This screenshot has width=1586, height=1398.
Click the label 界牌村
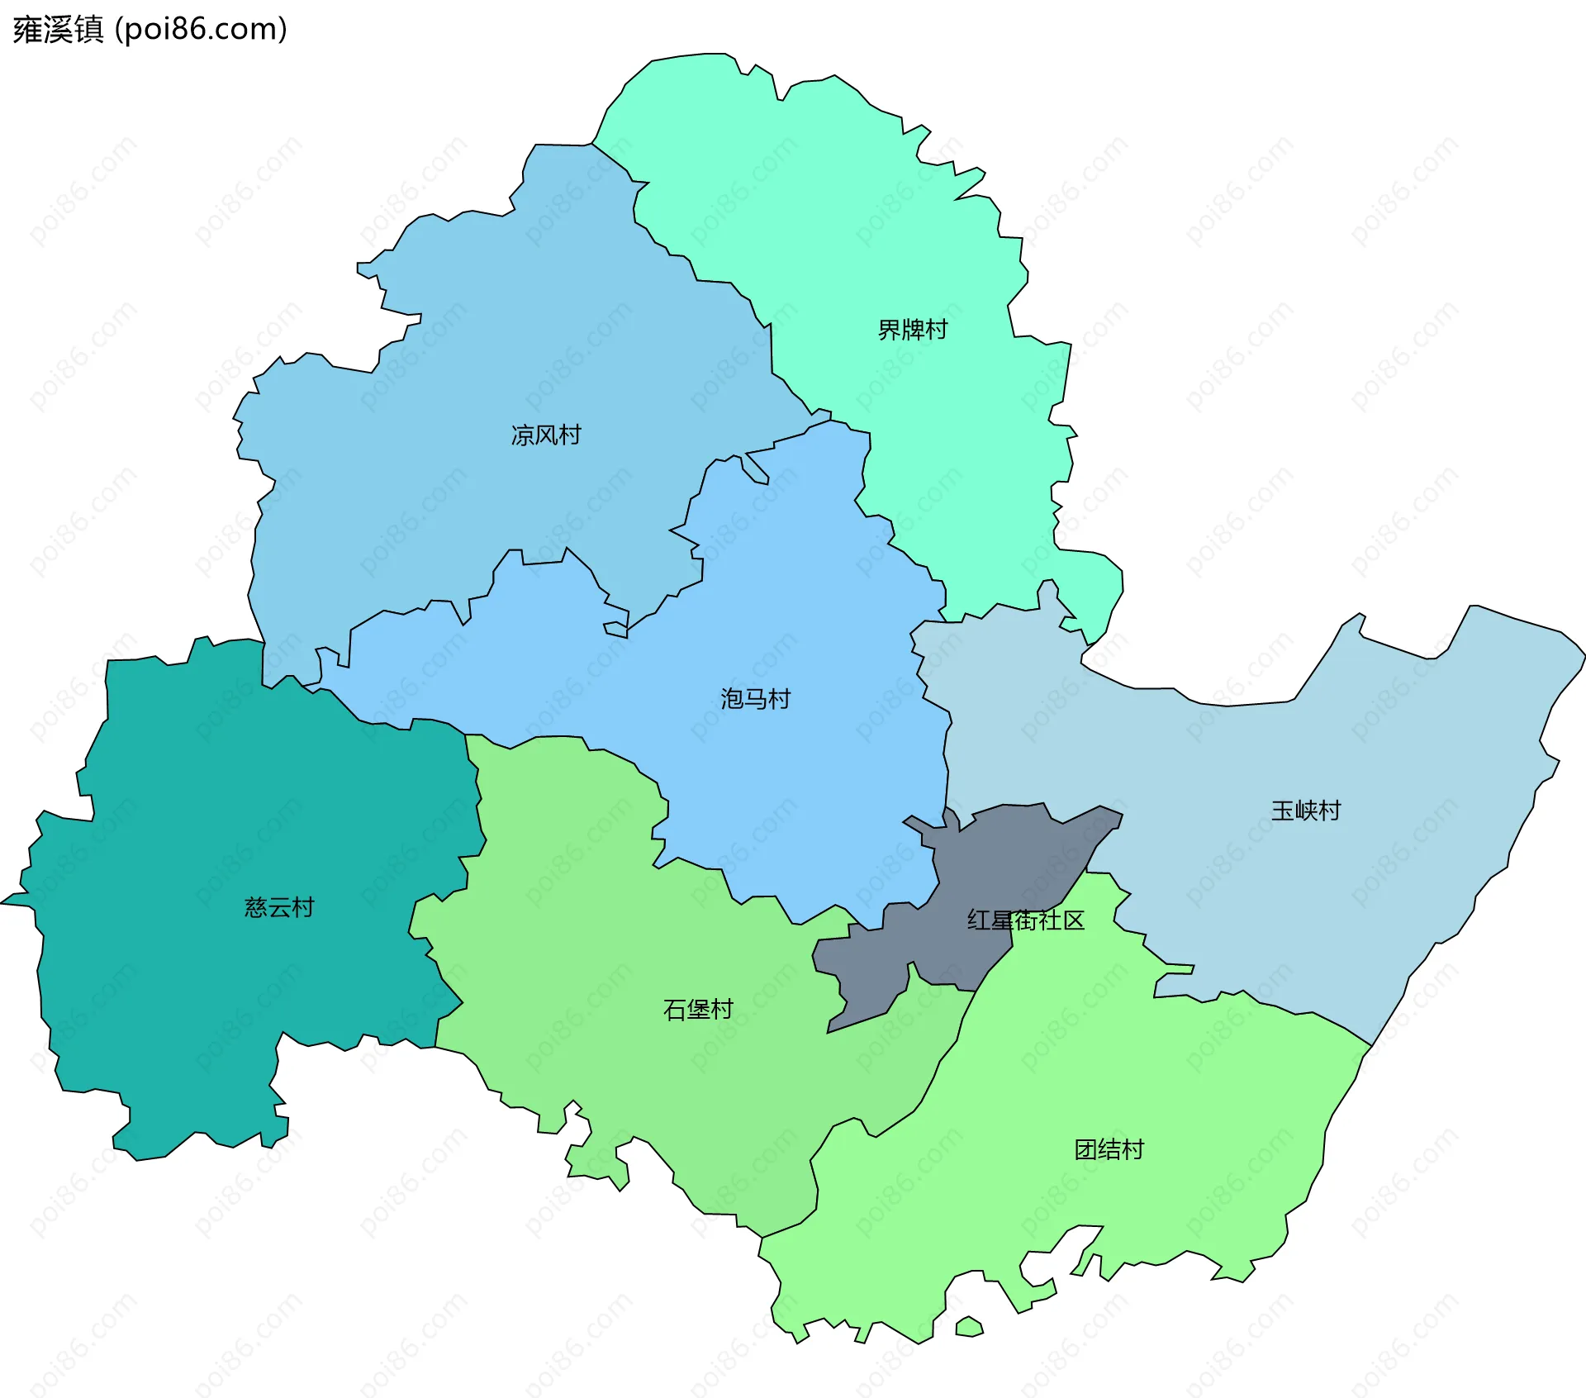912,330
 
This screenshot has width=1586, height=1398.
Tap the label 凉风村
546,435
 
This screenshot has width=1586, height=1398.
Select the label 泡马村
755,699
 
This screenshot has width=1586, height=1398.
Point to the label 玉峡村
1305,811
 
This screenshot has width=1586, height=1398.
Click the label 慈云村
279,907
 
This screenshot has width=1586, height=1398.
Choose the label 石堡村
698,1010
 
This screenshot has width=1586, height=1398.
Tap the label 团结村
1109,1149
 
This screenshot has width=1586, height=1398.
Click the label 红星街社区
1025,920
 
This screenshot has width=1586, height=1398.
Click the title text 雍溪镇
58,30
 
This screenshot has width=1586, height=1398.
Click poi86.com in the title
201,30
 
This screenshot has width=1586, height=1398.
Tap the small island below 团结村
969,1327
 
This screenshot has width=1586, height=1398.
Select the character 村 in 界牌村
936,330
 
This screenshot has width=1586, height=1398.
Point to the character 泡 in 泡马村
732,699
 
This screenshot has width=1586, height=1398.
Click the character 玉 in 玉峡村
1282,811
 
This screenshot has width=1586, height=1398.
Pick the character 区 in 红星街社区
1073,920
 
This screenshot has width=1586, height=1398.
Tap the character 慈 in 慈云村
256,907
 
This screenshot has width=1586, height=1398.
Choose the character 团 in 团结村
1085,1149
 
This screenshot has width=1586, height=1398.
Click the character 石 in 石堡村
675,1010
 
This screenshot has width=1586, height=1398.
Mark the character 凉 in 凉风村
523,435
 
